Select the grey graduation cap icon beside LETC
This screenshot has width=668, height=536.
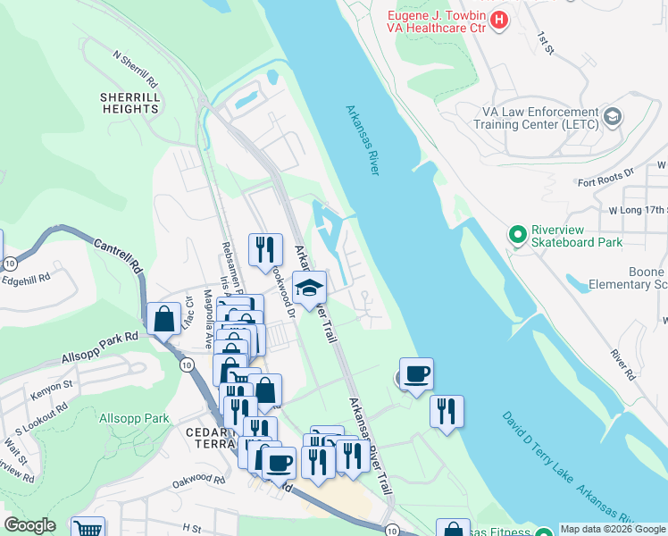tap(612, 117)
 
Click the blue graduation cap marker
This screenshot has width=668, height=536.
tap(310, 289)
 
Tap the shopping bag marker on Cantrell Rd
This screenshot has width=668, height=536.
tap(164, 318)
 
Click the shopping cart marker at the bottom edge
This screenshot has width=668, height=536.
tap(87, 529)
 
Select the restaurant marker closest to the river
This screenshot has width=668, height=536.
tap(447, 412)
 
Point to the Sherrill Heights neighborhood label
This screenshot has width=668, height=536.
tap(129, 102)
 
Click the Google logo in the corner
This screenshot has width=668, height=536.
tap(29, 525)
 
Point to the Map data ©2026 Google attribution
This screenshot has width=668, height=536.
tap(613, 529)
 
